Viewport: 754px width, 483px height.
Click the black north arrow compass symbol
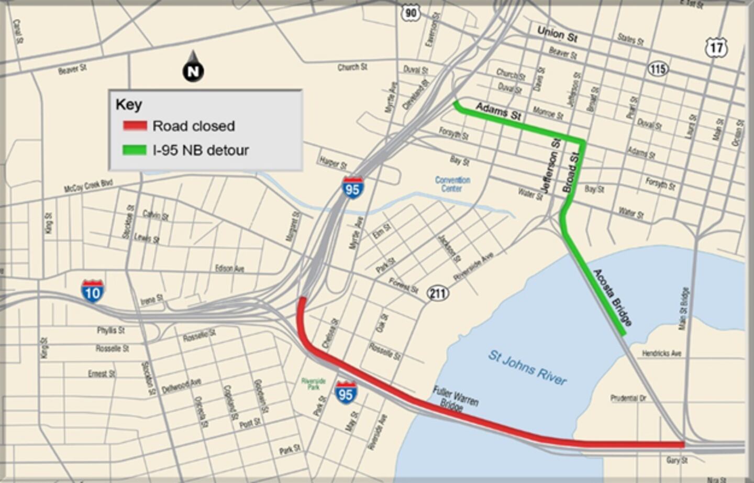pyautogui.click(x=193, y=69)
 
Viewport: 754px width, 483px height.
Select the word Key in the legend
pyautogui.click(x=129, y=105)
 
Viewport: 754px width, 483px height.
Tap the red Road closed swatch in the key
pyautogui.click(x=135, y=126)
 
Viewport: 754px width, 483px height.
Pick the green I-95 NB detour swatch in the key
pyautogui.click(x=135, y=150)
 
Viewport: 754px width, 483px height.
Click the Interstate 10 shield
pyautogui.click(x=92, y=291)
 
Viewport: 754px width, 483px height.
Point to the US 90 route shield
pyautogui.click(x=411, y=14)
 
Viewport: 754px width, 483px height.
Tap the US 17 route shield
pyautogui.click(x=716, y=48)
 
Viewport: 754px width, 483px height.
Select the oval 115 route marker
pyautogui.click(x=657, y=69)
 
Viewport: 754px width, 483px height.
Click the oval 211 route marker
pyautogui.click(x=438, y=293)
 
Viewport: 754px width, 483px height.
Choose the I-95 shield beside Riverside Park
pyautogui.click(x=346, y=393)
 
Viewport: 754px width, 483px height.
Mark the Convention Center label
pyautogui.click(x=452, y=184)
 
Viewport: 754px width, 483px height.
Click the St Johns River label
pyautogui.click(x=527, y=368)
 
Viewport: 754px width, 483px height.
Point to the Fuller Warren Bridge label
pyautogui.click(x=455, y=399)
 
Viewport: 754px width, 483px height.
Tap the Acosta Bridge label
pyautogui.click(x=613, y=298)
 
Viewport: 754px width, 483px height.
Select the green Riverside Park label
pyautogui.click(x=313, y=384)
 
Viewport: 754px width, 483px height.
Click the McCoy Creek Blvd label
pyautogui.click(x=88, y=186)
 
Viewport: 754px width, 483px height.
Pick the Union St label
pyautogui.click(x=557, y=35)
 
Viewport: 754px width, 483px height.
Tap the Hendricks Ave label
pyautogui.click(x=662, y=354)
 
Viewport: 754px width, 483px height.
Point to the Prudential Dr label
pyautogui.click(x=628, y=398)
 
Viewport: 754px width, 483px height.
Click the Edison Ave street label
pyautogui.click(x=229, y=268)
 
